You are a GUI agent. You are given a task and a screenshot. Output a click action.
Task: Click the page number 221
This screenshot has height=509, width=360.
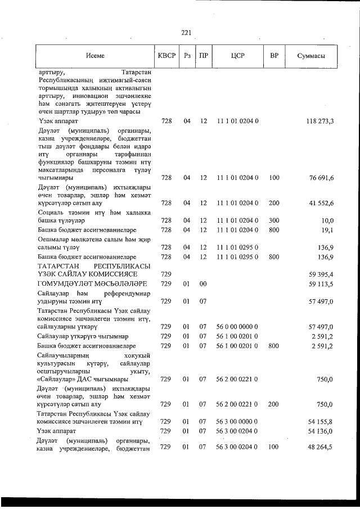point(186,32)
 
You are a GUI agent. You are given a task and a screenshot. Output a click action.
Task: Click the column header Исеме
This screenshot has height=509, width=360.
point(96,56)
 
